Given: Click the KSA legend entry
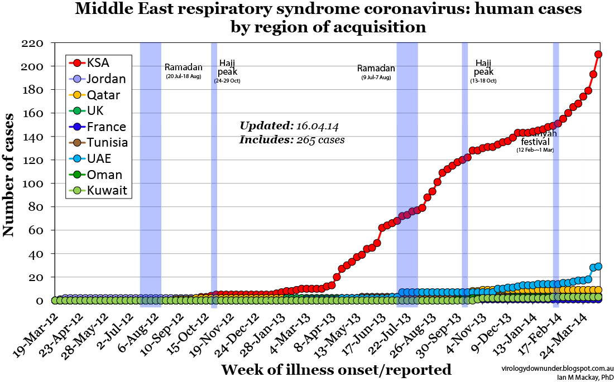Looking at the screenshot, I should pyautogui.click(x=98, y=63).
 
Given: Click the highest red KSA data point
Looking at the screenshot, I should pyautogui.click(x=598, y=54).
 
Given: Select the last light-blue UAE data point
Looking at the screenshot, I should pyautogui.click(x=598, y=267).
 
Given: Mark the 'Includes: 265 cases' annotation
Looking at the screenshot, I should pyautogui.click(x=291, y=140).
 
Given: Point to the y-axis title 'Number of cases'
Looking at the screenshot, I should pyautogui.click(x=9, y=175).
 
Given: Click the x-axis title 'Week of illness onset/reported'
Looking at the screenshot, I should pyautogui.click(x=336, y=370).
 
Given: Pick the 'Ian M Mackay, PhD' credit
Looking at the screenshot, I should pyautogui.click(x=583, y=377).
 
